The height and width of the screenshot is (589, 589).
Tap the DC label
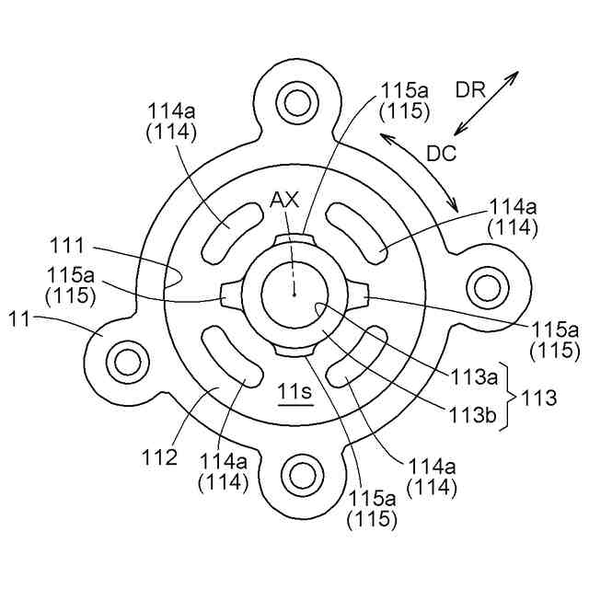click(442, 154)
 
